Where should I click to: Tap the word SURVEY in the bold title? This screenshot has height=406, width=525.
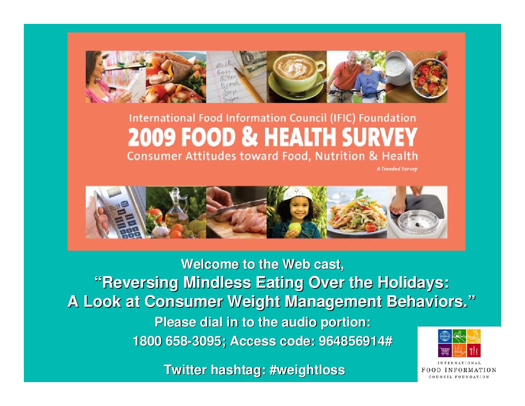[x=380, y=137]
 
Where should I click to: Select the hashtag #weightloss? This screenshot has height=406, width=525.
[x=307, y=370]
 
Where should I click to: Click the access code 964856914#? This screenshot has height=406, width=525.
[x=356, y=341]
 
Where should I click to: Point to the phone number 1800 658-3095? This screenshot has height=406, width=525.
[x=177, y=341]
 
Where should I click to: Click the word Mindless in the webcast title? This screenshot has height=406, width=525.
[x=217, y=282]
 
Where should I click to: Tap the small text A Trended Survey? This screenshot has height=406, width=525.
[x=397, y=169]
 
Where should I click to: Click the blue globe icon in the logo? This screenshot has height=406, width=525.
[x=445, y=336]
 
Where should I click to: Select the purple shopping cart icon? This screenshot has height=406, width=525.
[x=445, y=350]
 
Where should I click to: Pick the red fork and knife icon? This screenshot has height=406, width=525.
[x=474, y=350]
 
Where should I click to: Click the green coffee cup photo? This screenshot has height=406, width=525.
[x=297, y=76]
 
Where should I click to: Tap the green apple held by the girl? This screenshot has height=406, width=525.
[x=295, y=227]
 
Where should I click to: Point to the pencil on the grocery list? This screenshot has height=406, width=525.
[x=249, y=85]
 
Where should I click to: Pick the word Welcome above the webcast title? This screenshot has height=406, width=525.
[x=210, y=264]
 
